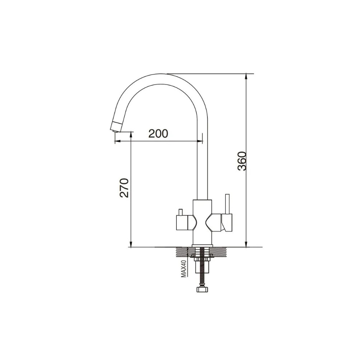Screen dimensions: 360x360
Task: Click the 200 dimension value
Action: coord(158,134)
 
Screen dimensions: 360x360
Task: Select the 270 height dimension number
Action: coord(125,188)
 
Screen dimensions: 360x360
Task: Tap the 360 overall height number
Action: coord(242,161)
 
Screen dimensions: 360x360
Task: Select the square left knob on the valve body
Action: coord(182,223)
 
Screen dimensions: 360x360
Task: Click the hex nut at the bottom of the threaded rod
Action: coord(202,289)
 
